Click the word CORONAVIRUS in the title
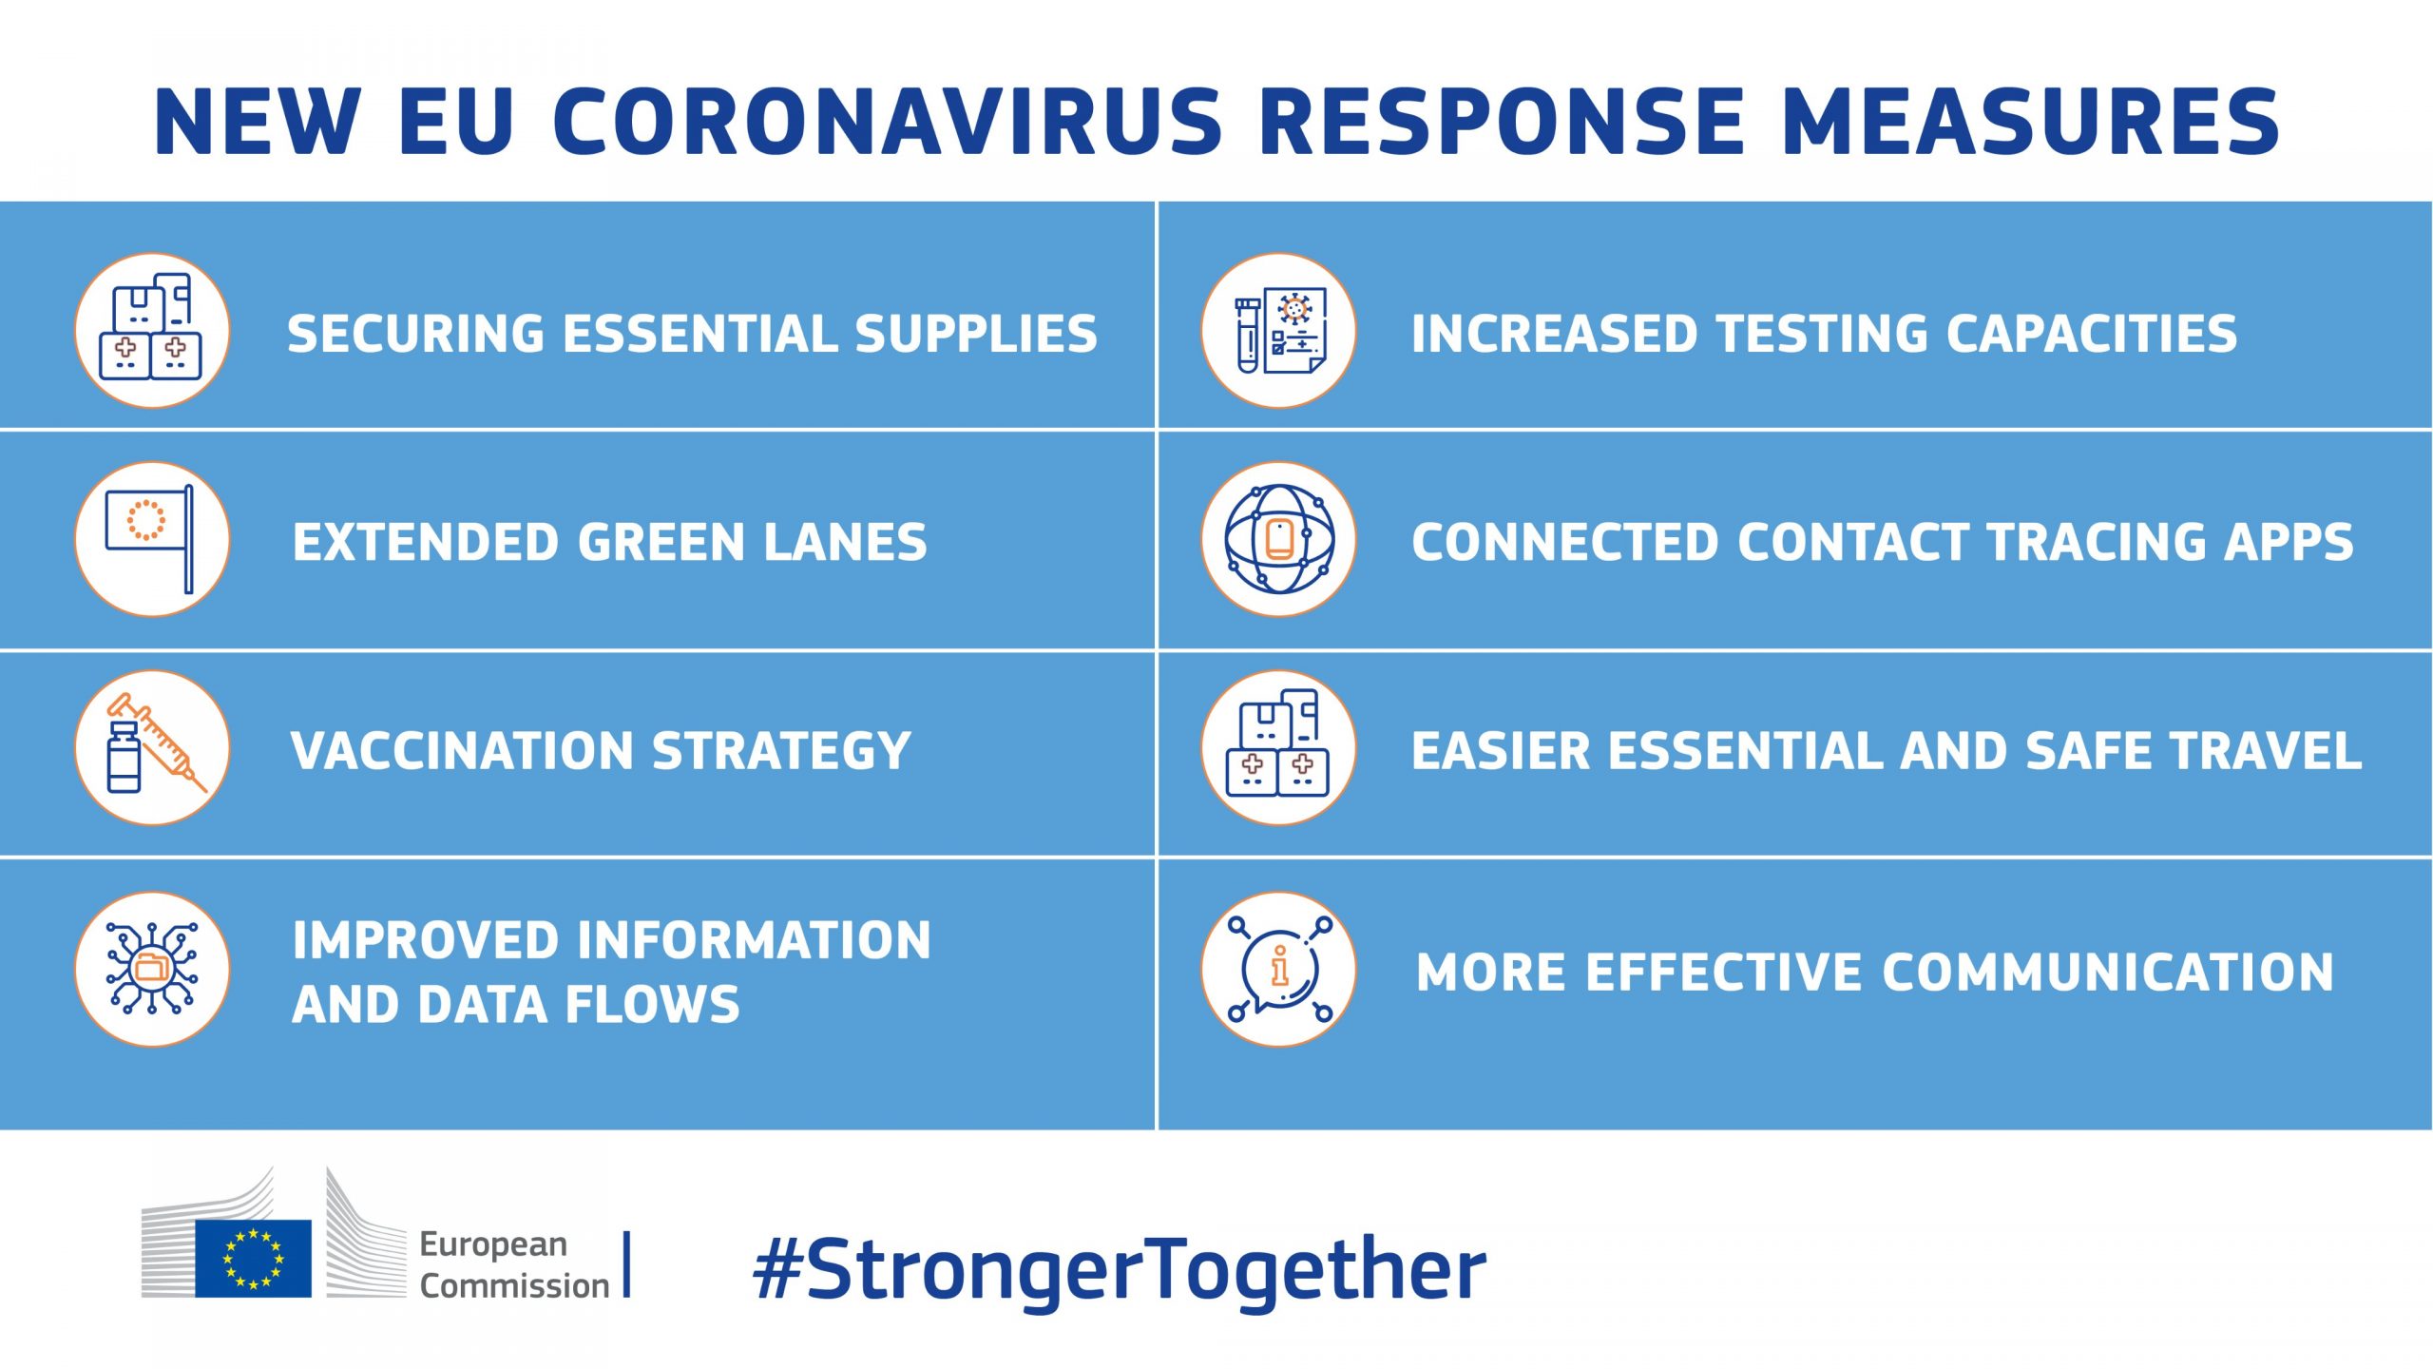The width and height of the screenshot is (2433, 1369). [x=888, y=121]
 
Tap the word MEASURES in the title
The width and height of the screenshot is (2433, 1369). [x=2031, y=121]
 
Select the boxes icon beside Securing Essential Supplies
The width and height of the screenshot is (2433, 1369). [x=152, y=330]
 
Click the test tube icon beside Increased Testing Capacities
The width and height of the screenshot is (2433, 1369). [x=1278, y=330]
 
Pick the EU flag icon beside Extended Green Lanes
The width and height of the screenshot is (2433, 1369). [x=152, y=539]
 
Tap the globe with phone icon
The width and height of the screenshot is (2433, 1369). [x=1278, y=539]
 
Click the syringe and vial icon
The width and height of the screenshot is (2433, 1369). [x=152, y=747]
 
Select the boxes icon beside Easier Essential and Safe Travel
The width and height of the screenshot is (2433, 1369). [x=1278, y=747]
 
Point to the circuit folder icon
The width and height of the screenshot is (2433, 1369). [x=152, y=969]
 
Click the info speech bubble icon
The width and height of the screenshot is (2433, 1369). [x=1278, y=969]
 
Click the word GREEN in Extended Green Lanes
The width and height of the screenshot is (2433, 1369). [x=662, y=542]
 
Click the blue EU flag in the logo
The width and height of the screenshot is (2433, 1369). [x=253, y=1258]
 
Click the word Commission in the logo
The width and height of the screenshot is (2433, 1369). [x=514, y=1285]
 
